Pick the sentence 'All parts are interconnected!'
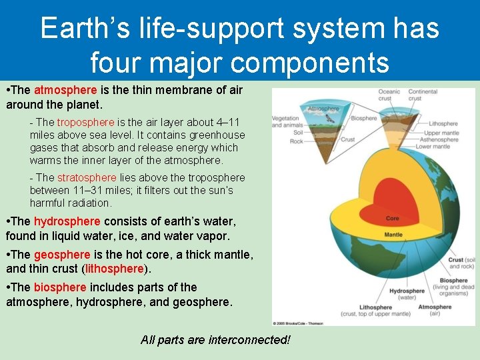point(215,339)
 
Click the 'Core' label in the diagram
point(393,218)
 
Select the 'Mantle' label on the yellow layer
point(393,235)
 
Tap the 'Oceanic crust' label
point(389,95)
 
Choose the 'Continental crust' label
point(423,95)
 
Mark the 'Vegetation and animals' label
point(285,121)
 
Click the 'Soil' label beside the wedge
point(296,132)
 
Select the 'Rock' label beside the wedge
point(296,141)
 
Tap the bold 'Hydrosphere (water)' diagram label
point(407,294)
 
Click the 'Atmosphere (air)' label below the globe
point(435,310)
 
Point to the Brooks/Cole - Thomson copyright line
point(299,323)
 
